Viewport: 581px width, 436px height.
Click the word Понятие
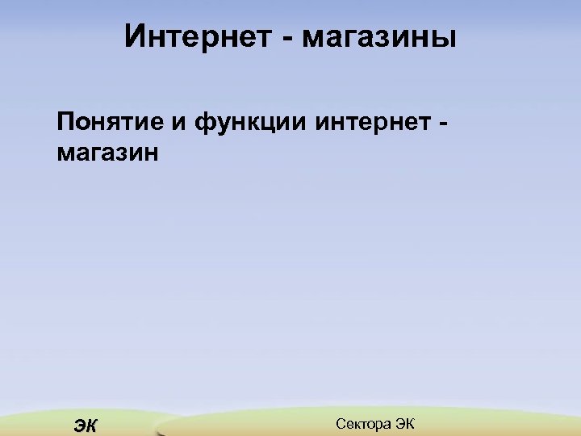click(109, 124)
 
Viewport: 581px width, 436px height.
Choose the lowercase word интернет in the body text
click(371, 124)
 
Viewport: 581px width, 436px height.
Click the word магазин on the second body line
click(108, 153)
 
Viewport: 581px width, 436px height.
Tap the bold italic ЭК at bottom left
click(84, 426)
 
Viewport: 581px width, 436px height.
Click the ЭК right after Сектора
click(403, 424)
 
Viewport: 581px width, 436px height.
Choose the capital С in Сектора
click(339, 424)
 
